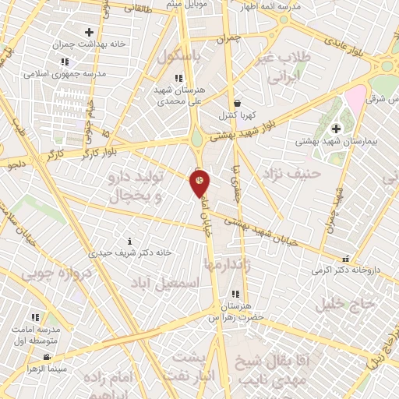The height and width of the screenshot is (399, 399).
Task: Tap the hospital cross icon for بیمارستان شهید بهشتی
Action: pos(337,129)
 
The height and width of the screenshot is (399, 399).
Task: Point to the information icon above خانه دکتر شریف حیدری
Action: pos(129,241)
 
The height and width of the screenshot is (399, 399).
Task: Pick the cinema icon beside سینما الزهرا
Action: pos(47,358)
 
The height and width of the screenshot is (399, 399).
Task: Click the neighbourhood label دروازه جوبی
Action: pos(56,274)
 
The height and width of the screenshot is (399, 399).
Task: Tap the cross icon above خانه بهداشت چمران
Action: pos(89,33)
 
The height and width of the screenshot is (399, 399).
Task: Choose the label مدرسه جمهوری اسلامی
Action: pos(65,74)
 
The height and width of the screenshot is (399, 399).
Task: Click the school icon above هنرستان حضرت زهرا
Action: pos(234,294)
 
